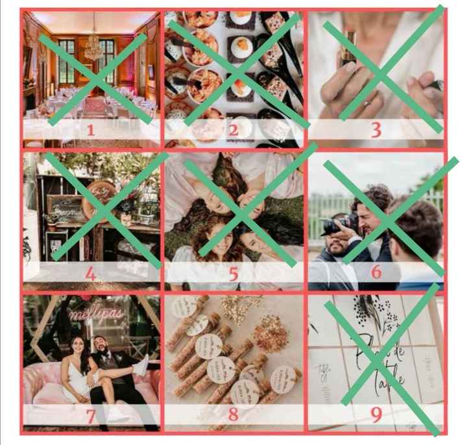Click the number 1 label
(x=90, y=130)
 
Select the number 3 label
(x=376, y=130)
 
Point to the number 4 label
(x=90, y=274)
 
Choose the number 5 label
(x=233, y=274)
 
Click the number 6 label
(x=376, y=272)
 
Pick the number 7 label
(x=90, y=416)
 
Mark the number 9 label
(x=376, y=416)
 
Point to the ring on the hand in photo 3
(x=366, y=102)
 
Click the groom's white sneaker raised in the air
(x=142, y=364)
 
